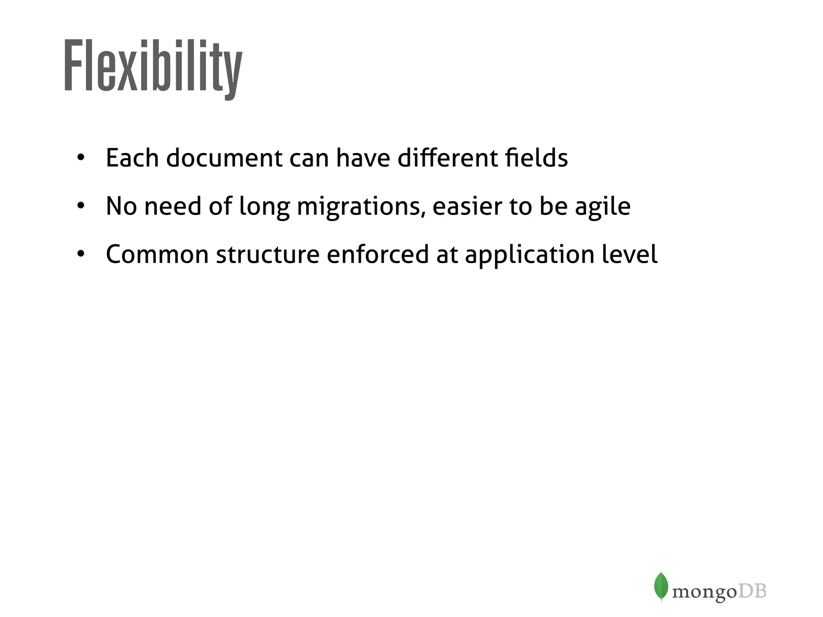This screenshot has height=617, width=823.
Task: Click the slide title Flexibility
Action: [153, 66]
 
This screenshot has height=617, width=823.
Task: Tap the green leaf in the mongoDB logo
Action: [661, 586]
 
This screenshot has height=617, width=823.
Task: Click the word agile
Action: [602, 206]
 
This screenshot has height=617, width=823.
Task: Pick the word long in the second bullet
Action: [264, 206]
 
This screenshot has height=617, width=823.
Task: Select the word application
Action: [529, 255]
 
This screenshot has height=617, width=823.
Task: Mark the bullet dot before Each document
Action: [81, 158]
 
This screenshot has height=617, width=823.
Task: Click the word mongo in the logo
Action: [704, 592]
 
